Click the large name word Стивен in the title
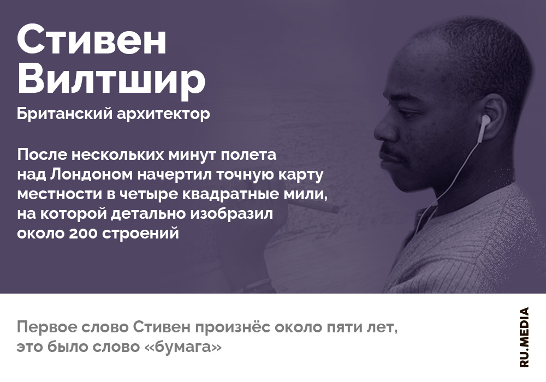click(x=92, y=40)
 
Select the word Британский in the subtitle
click(x=65, y=114)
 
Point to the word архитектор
click(x=163, y=114)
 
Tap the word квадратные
click(x=231, y=194)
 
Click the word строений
click(x=140, y=234)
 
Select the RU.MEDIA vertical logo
click(x=524, y=337)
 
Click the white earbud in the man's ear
click(x=483, y=127)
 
